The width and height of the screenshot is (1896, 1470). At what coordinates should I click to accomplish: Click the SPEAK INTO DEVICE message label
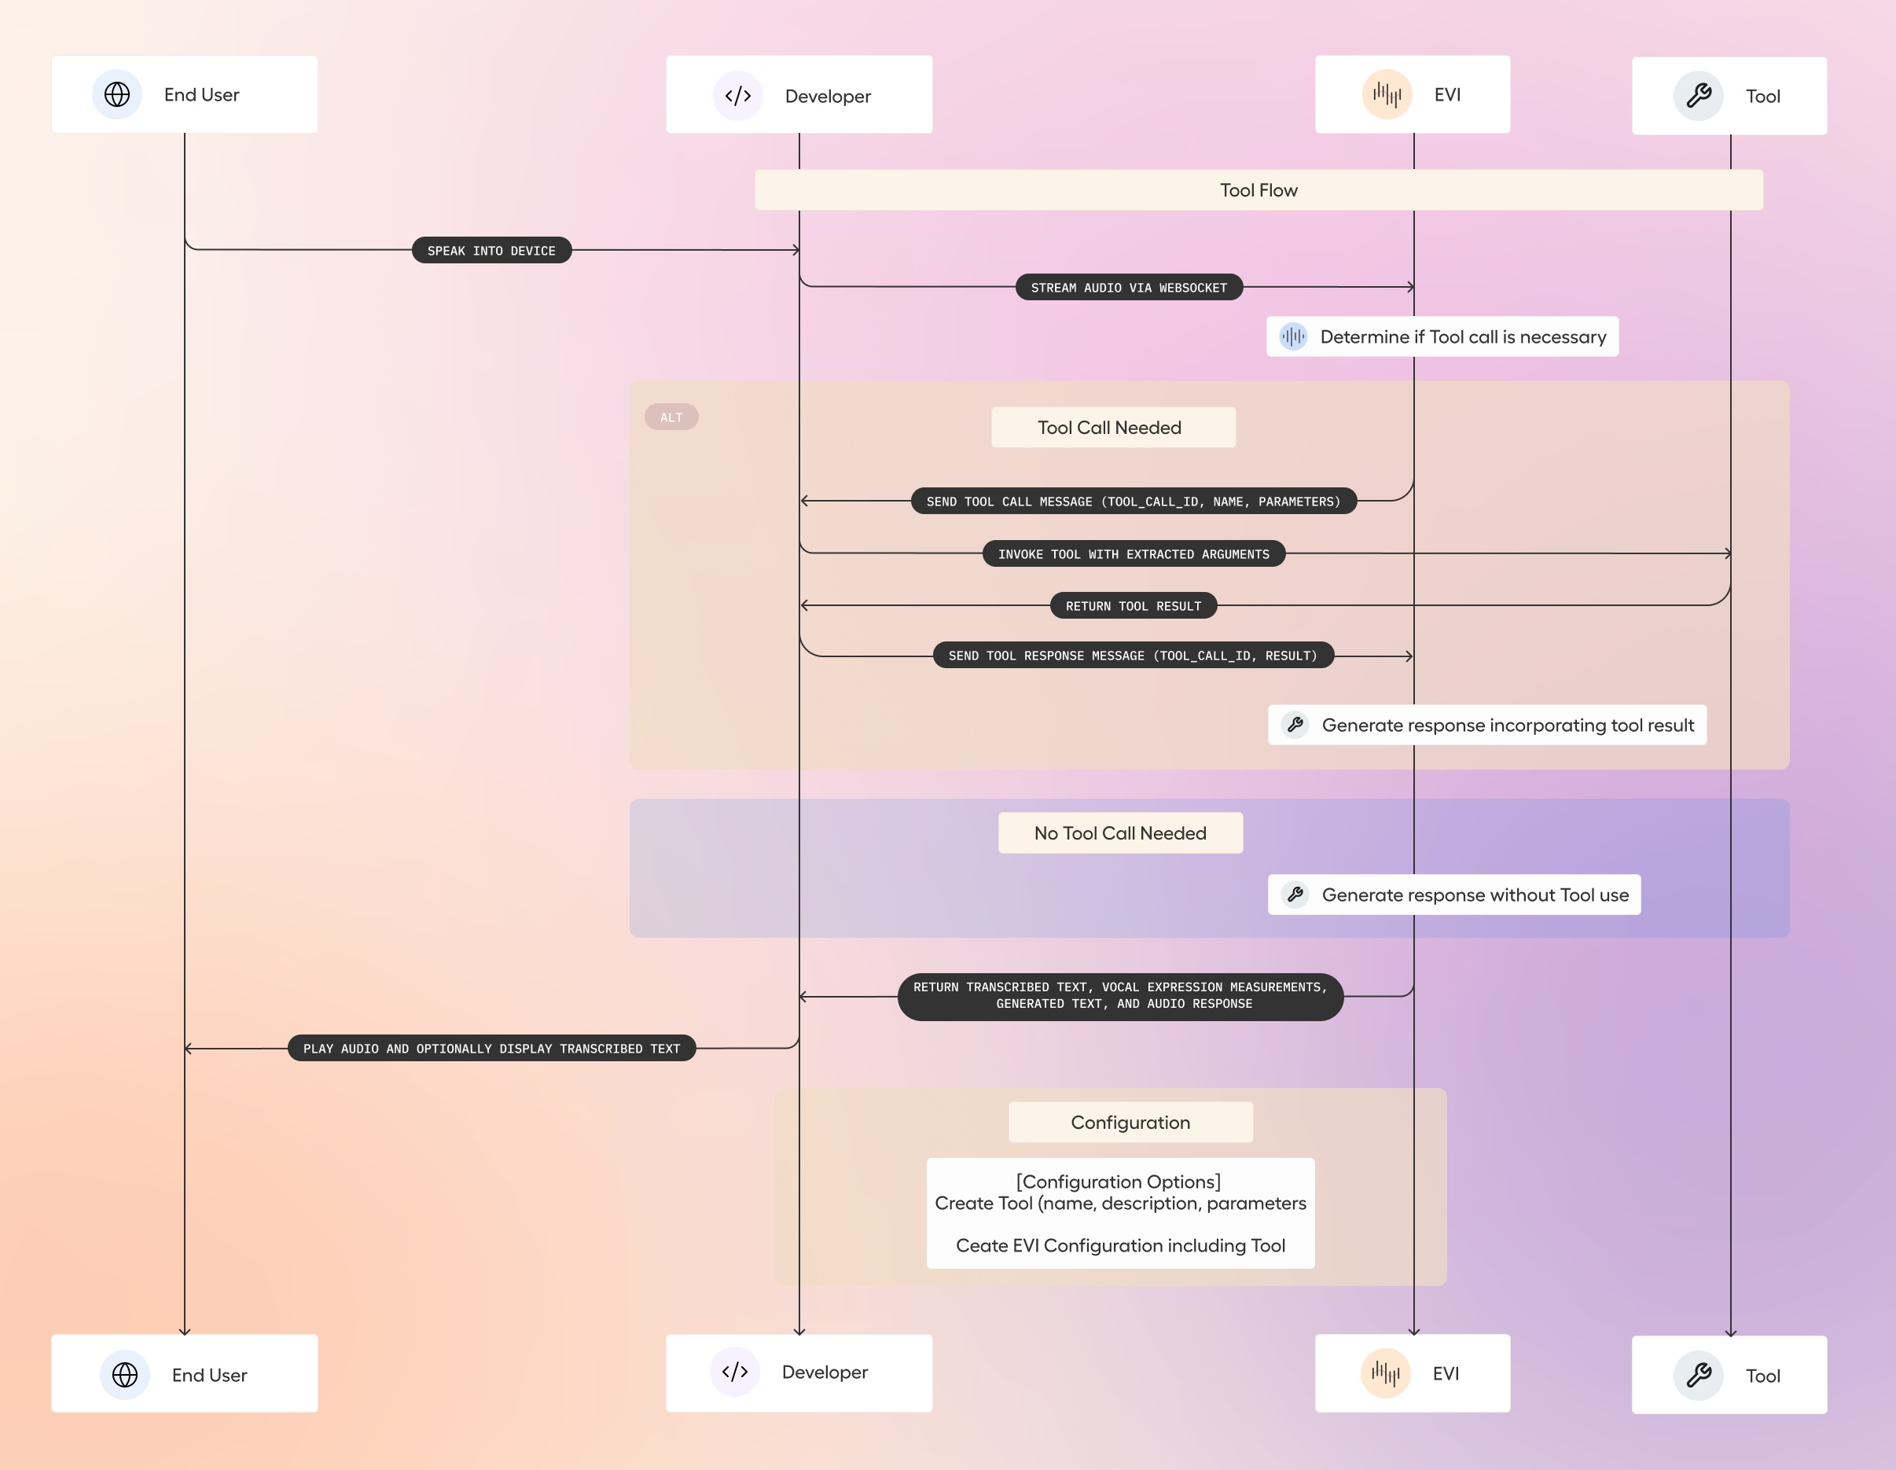(x=491, y=250)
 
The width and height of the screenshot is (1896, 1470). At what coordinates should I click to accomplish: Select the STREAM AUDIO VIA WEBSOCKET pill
(x=1129, y=288)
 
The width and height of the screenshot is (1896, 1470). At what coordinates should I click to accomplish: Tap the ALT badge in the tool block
(x=671, y=417)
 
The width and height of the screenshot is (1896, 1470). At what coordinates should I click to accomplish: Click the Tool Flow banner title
(x=1258, y=190)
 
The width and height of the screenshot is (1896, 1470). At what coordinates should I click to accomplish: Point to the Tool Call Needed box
(x=1113, y=427)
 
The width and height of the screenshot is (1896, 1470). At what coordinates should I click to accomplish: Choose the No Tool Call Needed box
(x=1120, y=832)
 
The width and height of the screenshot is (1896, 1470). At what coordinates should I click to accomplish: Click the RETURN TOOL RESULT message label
(x=1133, y=605)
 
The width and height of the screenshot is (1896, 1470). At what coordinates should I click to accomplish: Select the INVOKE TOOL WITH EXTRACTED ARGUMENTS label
(x=1133, y=553)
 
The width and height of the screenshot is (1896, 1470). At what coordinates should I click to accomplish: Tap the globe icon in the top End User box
(x=117, y=94)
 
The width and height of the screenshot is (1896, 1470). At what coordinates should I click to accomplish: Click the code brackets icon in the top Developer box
(x=738, y=96)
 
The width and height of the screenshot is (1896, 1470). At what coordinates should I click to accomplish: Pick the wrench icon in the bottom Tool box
(x=1698, y=1374)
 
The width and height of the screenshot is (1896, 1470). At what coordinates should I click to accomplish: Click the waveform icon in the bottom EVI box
(x=1386, y=1373)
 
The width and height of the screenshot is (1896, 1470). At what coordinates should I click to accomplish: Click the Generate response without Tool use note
(x=1454, y=895)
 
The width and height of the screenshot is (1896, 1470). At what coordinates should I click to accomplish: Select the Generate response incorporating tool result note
(x=1486, y=725)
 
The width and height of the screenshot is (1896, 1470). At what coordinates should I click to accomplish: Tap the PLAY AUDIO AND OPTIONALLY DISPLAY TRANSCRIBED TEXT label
(x=491, y=1048)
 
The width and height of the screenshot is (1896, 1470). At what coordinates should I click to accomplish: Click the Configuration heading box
(x=1130, y=1122)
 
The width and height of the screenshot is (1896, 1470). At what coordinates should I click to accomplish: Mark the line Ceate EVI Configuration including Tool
(x=1120, y=1245)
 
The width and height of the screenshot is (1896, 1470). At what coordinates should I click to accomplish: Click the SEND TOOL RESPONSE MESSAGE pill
(x=1132, y=656)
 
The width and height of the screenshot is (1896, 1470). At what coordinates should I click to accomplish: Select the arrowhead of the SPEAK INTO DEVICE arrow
(x=796, y=250)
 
